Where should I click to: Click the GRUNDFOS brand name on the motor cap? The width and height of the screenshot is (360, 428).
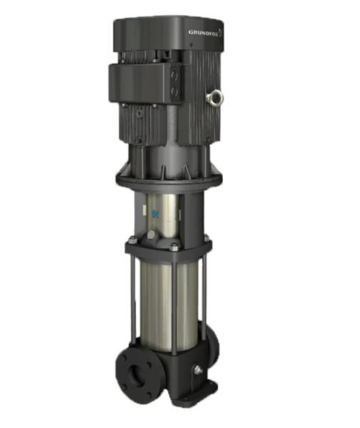pos(203,32)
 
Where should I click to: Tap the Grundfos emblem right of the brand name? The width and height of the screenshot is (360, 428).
pos(221,32)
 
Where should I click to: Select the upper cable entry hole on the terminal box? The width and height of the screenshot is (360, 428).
pos(174,76)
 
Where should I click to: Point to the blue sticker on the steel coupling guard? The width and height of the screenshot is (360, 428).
pos(156,214)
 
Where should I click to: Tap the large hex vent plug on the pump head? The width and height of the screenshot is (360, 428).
pos(150,235)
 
